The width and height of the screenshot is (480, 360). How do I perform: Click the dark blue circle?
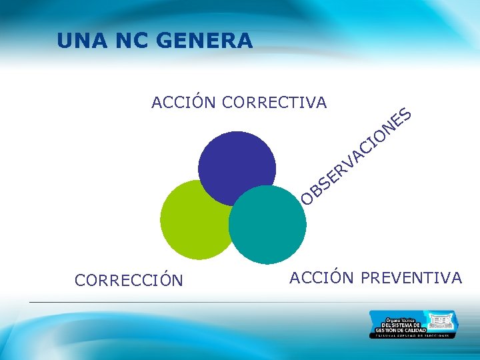[x=237, y=163]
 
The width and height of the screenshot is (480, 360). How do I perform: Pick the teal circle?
[x=267, y=223]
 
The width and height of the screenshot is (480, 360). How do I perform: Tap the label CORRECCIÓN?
[x=129, y=280]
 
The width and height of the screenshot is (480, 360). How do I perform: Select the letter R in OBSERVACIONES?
[x=340, y=172]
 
